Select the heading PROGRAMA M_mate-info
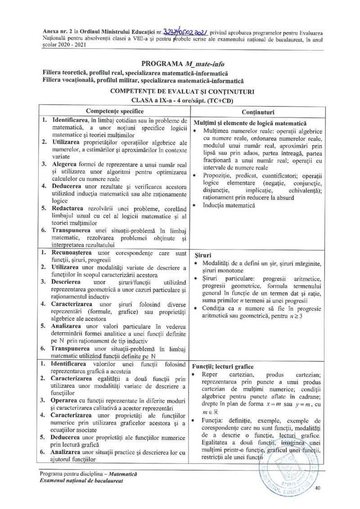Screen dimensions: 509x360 click(180, 63)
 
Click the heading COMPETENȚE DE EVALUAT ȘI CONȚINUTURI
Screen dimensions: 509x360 click(180, 91)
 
